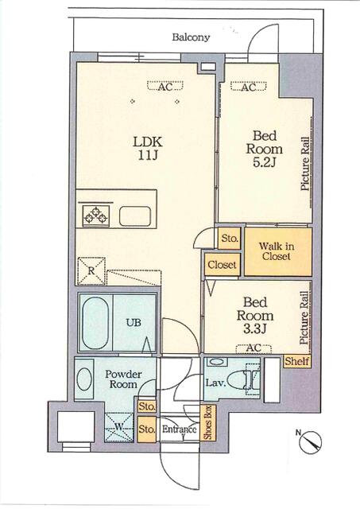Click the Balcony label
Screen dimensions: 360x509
[191, 37]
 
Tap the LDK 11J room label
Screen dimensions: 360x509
[148, 148]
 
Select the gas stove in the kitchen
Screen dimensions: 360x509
[95, 216]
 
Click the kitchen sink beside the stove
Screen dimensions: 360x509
[135, 216]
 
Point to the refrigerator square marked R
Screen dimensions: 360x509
[91, 271]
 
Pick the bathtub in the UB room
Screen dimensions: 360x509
[95, 322]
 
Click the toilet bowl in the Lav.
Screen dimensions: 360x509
[238, 379]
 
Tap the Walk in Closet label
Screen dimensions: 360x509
[277, 251]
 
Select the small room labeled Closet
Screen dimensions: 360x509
[223, 264]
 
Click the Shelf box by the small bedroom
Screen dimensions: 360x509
[297, 361]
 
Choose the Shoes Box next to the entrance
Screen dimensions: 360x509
[207, 422]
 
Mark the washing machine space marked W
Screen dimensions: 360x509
[119, 427]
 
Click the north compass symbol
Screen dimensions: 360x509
[311, 442]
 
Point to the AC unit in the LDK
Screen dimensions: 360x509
[165, 86]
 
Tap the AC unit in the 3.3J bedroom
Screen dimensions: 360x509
[254, 348]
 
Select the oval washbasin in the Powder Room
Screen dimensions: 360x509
[84, 379]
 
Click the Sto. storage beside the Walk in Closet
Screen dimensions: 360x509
[230, 239]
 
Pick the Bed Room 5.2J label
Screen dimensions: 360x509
[265, 149]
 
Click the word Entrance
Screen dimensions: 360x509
[180, 429]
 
